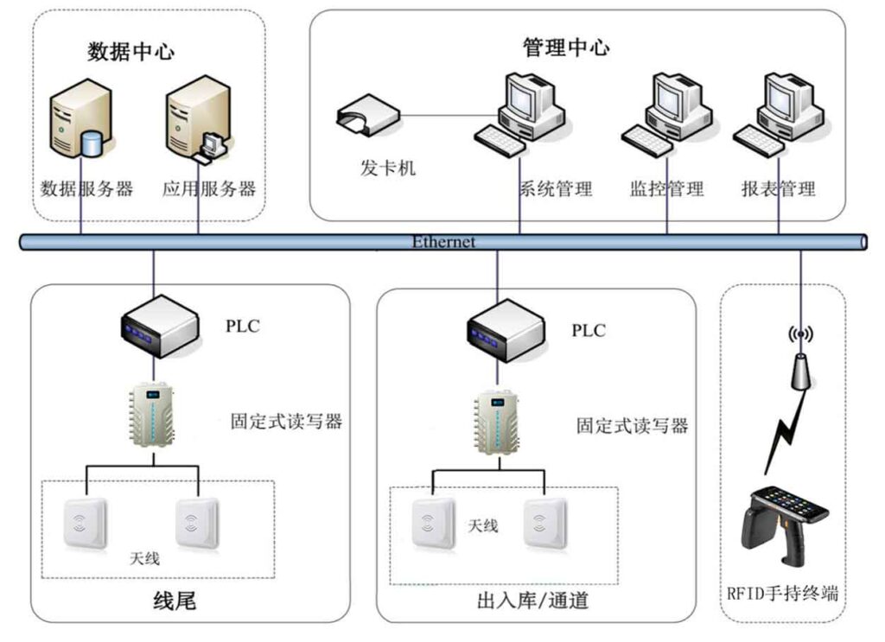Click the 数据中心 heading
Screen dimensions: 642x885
tap(131, 51)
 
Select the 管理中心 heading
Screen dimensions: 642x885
tap(566, 47)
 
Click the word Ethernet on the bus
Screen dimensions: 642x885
tap(443, 242)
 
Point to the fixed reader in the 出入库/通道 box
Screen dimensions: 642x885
tap(498, 423)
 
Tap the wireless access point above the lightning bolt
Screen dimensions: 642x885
tap(802, 361)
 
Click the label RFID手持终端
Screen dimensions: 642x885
tap(783, 594)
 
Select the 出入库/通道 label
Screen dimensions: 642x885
tap(532, 600)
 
